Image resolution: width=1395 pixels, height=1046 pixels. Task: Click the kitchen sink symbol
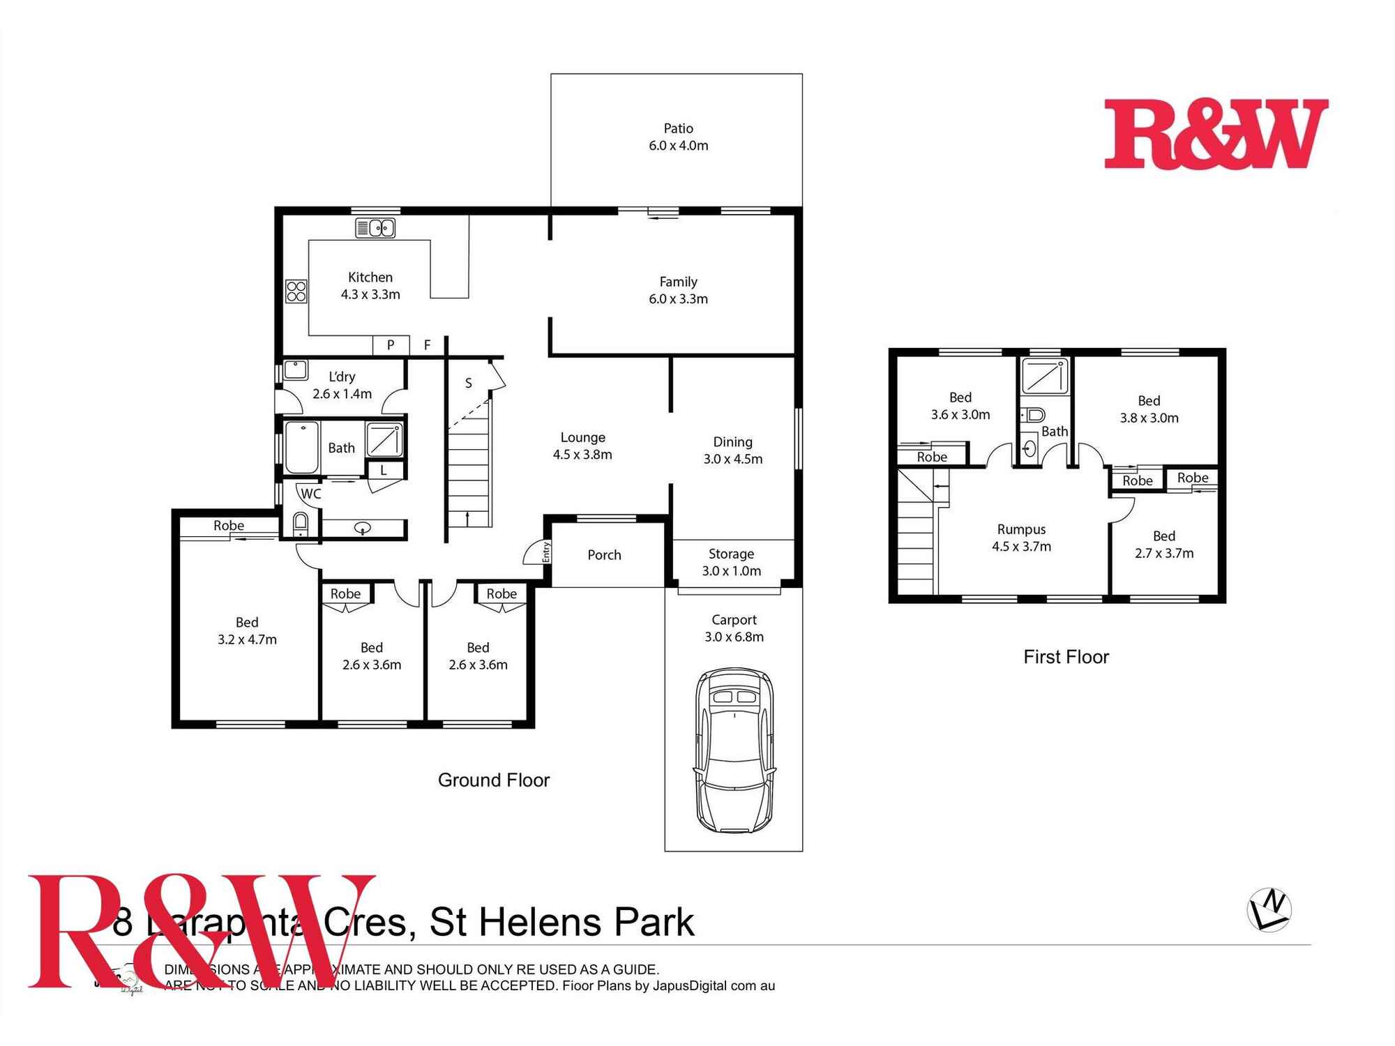click(x=375, y=228)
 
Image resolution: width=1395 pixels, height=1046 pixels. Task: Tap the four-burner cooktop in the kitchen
click(x=296, y=291)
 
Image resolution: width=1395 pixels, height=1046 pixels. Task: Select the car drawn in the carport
click(x=734, y=750)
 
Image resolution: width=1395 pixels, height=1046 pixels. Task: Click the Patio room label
click(x=678, y=129)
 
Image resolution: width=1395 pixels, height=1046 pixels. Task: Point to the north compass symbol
click(x=1269, y=909)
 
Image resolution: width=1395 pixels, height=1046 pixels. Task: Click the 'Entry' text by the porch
click(x=546, y=552)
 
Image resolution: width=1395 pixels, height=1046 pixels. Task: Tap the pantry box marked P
click(x=391, y=344)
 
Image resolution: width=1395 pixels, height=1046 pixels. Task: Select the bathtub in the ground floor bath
click(x=302, y=447)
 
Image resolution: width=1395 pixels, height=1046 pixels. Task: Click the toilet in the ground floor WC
click(x=300, y=522)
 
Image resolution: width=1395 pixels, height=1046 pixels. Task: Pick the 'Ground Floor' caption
click(x=494, y=780)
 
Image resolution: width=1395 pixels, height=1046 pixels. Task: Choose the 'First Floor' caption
click(x=1066, y=657)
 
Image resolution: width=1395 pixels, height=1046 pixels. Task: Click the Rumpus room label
click(x=1021, y=529)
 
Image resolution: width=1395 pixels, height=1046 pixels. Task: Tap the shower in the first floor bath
click(x=1044, y=376)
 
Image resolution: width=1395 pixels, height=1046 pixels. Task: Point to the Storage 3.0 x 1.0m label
click(x=731, y=562)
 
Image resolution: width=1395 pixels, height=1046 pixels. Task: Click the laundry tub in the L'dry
click(x=296, y=370)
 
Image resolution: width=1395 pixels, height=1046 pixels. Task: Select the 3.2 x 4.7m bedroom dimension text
click(x=247, y=639)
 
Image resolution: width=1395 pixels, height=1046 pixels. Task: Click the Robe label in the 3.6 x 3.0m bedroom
click(x=932, y=457)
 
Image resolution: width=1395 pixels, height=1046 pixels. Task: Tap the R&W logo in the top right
click(x=1216, y=134)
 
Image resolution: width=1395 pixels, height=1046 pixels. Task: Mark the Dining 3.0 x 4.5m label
click(x=732, y=450)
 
